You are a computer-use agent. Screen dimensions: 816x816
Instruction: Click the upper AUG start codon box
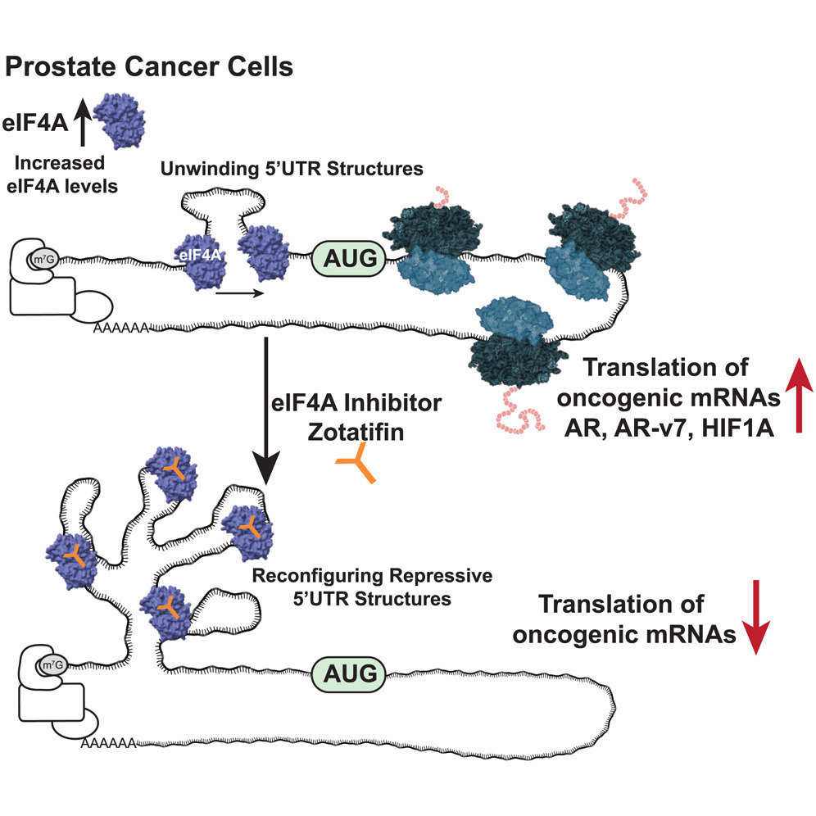tap(349, 258)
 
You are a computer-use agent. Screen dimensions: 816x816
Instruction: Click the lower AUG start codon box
tap(349, 674)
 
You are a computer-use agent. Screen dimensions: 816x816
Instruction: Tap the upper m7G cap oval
tap(43, 259)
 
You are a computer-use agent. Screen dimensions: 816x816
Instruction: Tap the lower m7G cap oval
tap(52, 665)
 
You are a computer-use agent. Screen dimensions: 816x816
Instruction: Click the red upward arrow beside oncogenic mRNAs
tap(799, 396)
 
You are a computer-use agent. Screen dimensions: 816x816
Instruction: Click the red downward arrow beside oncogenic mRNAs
tap(755, 617)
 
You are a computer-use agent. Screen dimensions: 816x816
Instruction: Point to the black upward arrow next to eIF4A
tap(82, 124)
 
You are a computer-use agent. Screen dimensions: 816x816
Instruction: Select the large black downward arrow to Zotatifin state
tap(266, 411)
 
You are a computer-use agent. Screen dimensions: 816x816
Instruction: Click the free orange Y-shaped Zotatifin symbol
tap(357, 463)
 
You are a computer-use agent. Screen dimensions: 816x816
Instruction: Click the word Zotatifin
tap(356, 432)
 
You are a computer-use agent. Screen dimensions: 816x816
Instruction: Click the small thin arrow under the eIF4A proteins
tap(240, 293)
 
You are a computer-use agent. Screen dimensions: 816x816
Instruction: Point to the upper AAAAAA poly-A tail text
tap(121, 329)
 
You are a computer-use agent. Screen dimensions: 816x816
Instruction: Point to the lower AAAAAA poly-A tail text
tap(108, 743)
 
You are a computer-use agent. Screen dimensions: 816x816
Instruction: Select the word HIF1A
tap(737, 428)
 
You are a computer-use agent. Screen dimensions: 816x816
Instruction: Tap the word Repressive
tap(441, 576)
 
